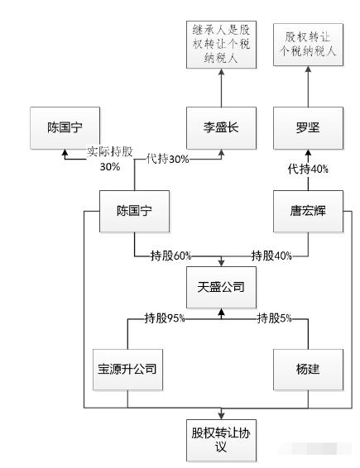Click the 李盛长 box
[x=221, y=128]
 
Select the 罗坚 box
[x=308, y=128]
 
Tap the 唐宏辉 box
[x=308, y=212]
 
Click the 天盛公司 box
[x=221, y=287]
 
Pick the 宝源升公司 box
[x=127, y=370]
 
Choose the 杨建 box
[x=308, y=370]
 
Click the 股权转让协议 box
[x=221, y=440]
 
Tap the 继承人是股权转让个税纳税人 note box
[x=221, y=45]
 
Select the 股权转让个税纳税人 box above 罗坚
[x=308, y=45]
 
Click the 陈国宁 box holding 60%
[x=134, y=212]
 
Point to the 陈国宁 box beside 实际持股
[x=65, y=128]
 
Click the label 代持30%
[x=168, y=159]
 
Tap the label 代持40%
[x=308, y=170]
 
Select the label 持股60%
[x=170, y=255]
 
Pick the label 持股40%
[x=271, y=255]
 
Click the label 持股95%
[x=165, y=318]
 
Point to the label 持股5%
[x=274, y=318]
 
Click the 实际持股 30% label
[x=110, y=159]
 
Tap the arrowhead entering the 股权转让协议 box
[x=221, y=415]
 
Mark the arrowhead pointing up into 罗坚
[x=308, y=153]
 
